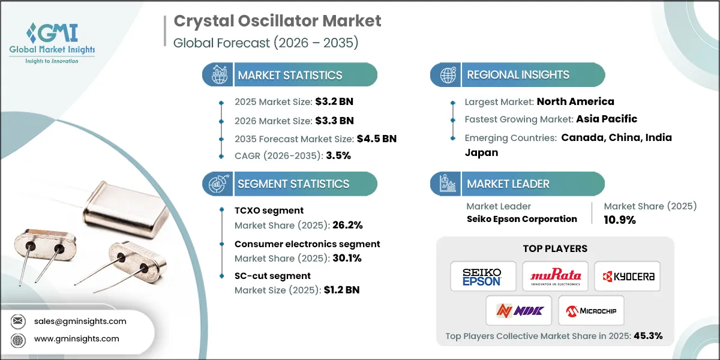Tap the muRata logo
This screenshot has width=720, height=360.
tap(555, 277)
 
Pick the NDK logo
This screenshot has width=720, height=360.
tap(519, 311)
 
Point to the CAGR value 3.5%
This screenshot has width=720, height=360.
tap(338, 155)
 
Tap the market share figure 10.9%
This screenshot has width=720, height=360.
tap(619, 220)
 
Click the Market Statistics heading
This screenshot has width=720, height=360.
tap(290, 75)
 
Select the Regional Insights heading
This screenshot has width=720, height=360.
tap(518, 75)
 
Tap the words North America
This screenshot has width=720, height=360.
tap(575, 101)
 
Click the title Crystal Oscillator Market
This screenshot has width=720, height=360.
tap(277, 21)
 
